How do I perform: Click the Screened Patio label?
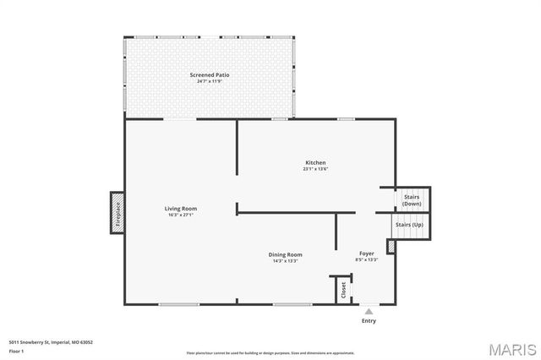pyautogui.click(x=210, y=75)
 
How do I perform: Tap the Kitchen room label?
pyautogui.click(x=315, y=162)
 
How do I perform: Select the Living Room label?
pyautogui.click(x=181, y=208)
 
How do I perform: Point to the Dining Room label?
pyautogui.click(x=286, y=254)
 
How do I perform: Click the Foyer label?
pyautogui.click(x=367, y=254)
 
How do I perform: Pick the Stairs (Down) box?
pyautogui.click(x=413, y=199)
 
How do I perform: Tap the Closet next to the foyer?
pyautogui.click(x=343, y=290)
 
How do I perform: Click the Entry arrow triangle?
pyautogui.click(x=369, y=312)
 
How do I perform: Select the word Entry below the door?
pyautogui.click(x=369, y=321)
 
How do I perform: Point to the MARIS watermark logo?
pyautogui.click(x=507, y=349)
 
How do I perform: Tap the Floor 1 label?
pyautogui.click(x=17, y=350)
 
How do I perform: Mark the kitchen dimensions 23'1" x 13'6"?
pyautogui.click(x=315, y=169)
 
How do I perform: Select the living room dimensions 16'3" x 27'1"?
pyautogui.click(x=181, y=215)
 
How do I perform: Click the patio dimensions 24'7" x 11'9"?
pyautogui.click(x=210, y=81)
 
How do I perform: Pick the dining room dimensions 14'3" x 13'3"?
pyautogui.click(x=286, y=261)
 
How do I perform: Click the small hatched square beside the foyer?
pyautogui.click(x=391, y=246)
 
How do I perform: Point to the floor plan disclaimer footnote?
pyautogui.click(x=270, y=352)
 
